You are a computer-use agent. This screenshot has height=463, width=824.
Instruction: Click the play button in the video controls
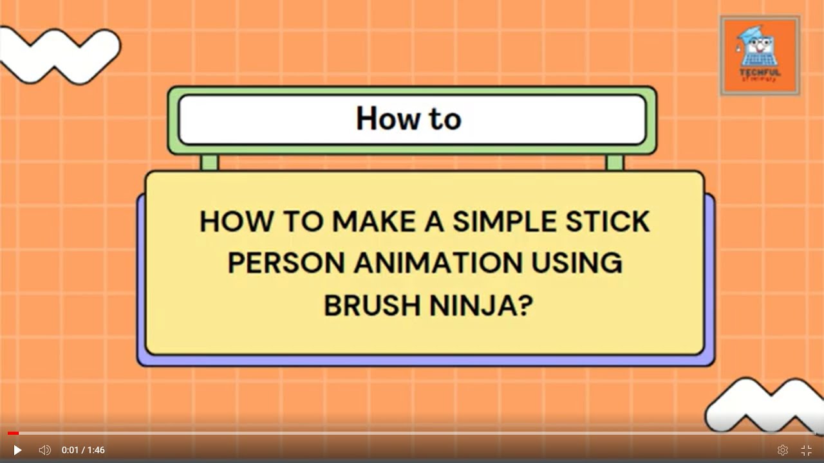17,450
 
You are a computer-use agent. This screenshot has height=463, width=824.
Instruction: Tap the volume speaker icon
44,450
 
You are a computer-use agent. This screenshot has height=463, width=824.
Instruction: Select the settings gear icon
783,450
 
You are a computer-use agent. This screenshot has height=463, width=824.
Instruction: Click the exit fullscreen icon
806,450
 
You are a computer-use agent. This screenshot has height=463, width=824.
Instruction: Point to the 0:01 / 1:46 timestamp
83,450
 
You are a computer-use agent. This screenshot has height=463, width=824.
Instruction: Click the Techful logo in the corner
760,56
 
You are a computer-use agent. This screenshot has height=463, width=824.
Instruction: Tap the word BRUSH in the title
371,306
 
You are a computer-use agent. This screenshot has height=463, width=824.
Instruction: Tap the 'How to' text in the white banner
409,119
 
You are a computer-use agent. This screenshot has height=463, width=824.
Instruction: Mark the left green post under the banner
209,162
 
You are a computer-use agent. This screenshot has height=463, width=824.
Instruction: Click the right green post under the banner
615,162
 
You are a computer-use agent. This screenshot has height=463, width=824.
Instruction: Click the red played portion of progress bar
13,433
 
